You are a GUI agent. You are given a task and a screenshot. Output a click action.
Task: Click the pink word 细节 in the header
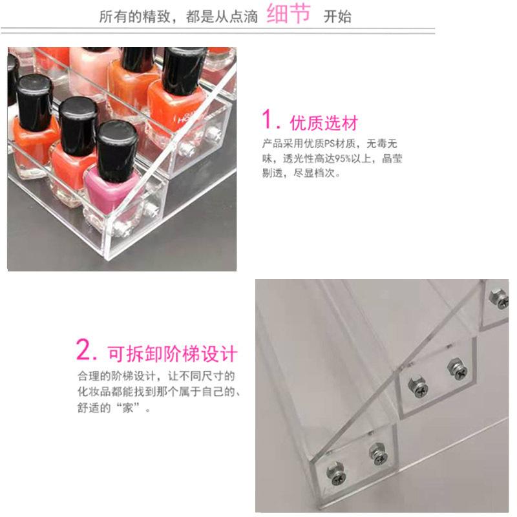coord(289,14)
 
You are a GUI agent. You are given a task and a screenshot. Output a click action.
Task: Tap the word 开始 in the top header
coord(337,17)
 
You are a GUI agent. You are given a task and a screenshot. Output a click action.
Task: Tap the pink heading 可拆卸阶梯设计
coord(172,353)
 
